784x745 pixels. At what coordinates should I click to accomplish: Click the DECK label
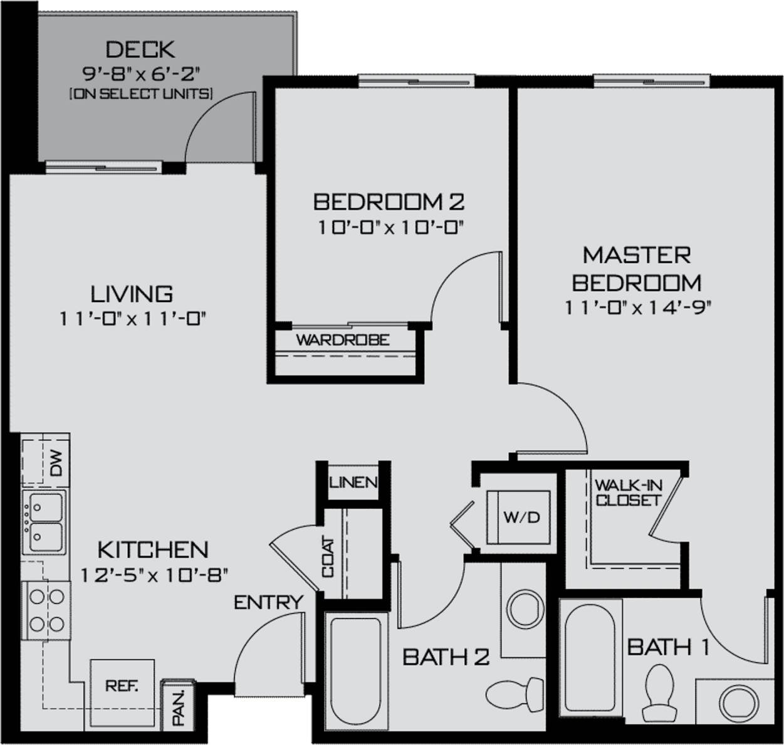tap(140, 49)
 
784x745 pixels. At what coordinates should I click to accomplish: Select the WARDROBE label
tap(342, 340)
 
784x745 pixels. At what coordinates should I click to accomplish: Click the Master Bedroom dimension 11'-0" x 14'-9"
tap(637, 308)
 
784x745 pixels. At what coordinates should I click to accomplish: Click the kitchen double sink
tap(44, 523)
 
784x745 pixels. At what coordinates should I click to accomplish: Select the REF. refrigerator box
tap(122, 686)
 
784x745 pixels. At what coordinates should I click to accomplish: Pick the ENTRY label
tap(268, 603)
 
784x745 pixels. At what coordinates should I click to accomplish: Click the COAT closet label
tap(328, 558)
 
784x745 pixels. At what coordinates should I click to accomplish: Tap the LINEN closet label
tap(353, 482)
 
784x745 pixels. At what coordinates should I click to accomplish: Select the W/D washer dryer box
tap(520, 518)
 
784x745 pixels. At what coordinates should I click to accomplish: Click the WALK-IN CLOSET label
tap(628, 492)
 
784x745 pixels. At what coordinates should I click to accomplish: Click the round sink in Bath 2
tap(525, 607)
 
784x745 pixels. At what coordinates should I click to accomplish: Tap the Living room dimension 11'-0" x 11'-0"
tap(133, 319)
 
